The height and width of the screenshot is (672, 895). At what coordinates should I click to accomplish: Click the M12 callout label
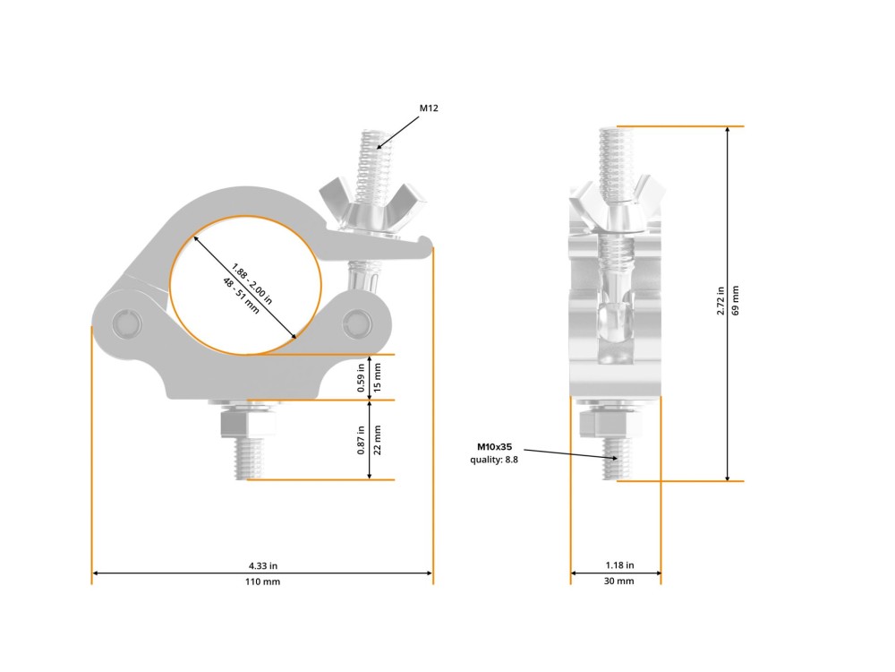click(429, 108)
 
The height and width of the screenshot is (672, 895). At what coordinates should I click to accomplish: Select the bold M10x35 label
click(494, 447)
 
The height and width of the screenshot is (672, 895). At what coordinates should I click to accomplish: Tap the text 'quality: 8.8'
click(494, 460)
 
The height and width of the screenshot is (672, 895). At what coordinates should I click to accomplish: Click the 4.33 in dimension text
click(262, 565)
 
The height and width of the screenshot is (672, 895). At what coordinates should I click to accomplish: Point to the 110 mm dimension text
click(262, 582)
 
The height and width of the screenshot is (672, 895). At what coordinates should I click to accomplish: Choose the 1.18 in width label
click(619, 565)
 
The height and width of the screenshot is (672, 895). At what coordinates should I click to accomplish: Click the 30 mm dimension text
click(618, 582)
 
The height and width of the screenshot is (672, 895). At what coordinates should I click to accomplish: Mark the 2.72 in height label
click(720, 300)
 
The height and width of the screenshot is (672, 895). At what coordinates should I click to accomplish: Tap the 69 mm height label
click(735, 300)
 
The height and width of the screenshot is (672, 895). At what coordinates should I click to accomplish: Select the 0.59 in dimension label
click(361, 378)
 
